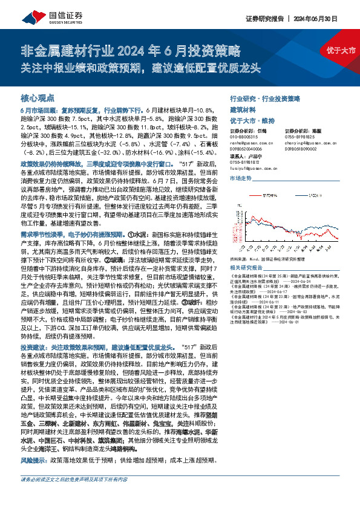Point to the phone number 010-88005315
click(245, 137)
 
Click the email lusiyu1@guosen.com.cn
click(254, 169)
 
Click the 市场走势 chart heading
click(241, 179)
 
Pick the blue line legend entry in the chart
click(306, 195)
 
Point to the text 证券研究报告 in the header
click(264, 18)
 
